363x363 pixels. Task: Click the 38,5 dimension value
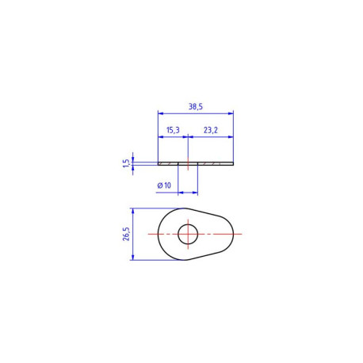click(196, 107)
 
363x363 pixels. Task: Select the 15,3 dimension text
click(173, 130)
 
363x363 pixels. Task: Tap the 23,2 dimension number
click(211, 130)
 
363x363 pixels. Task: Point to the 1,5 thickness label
click(127, 163)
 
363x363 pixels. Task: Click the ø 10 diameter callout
click(164, 185)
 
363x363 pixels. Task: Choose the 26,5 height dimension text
click(126, 234)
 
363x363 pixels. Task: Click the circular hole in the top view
click(188, 234)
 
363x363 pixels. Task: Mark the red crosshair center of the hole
click(188, 234)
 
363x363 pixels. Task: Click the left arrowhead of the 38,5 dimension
click(161, 113)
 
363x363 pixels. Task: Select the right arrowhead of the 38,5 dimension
click(231, 113)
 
